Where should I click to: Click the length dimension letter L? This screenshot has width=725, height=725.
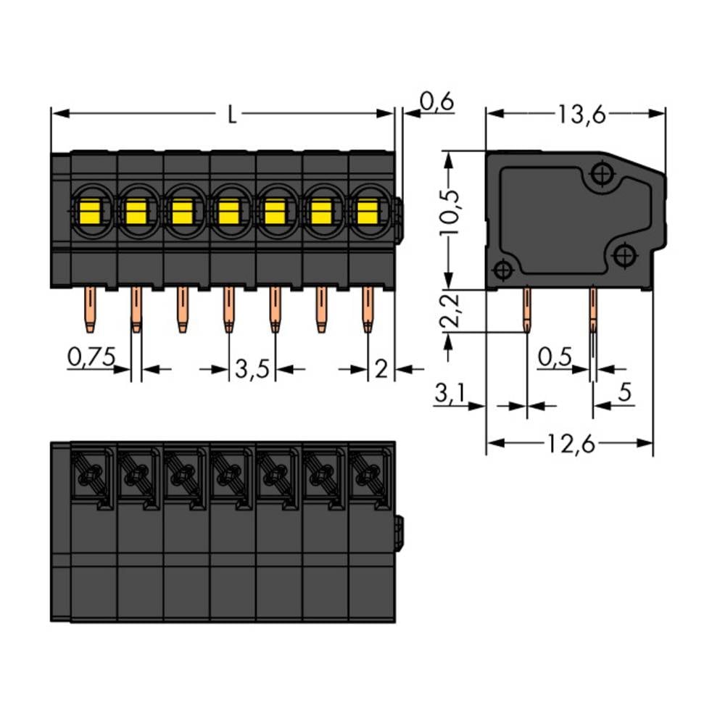(x=231, y=115)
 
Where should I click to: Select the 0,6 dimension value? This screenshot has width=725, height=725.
(x=436, y=103)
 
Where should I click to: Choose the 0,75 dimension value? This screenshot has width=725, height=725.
(x=91, y=357)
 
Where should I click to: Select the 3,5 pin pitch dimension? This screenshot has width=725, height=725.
(x=252, y=370)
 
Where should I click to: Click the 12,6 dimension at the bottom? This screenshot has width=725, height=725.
(x=570, y=444)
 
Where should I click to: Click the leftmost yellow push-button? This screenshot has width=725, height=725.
(x=89, y=212)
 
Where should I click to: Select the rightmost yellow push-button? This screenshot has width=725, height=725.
(x=368, y=212)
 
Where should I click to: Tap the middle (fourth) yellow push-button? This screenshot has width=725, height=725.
(x=228, y=212)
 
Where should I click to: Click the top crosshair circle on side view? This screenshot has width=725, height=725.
(x=601, y=174)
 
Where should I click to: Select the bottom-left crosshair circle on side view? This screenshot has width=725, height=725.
(x=502, y=271)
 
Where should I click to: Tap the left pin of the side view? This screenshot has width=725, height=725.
(x=527, y=310)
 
